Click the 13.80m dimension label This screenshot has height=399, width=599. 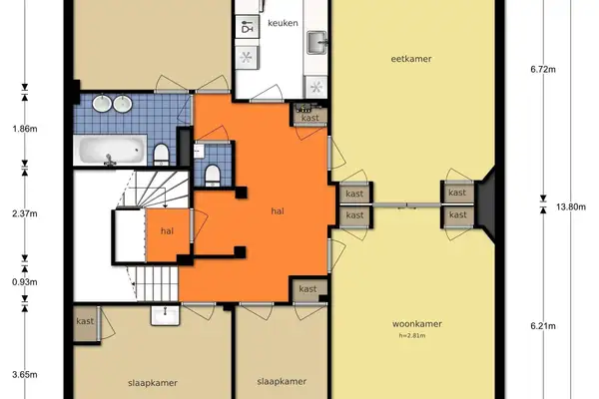coord(567,206)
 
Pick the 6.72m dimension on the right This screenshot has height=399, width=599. coord(541,69)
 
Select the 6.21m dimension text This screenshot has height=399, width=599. coord(541,325)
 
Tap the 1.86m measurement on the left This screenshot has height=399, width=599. coord(24,129)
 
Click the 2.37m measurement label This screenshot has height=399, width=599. coord(24,211)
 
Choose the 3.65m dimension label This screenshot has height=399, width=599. coord(24,374)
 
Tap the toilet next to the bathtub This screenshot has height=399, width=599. coord(162,153)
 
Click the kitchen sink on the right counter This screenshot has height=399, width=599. coord(317,41)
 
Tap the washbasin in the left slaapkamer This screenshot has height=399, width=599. coord(165,316)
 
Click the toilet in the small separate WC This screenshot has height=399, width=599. coord(212,176)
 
